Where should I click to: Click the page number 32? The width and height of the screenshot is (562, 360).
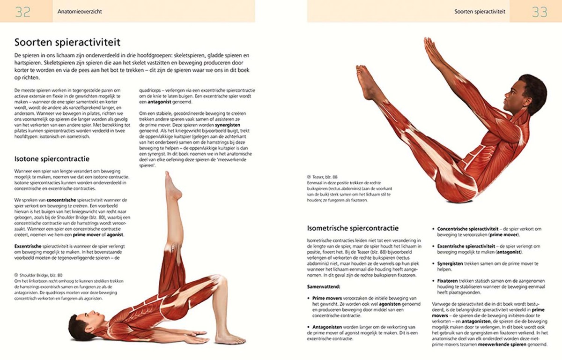pos(23,11)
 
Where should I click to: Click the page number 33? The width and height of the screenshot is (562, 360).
pos(540,11)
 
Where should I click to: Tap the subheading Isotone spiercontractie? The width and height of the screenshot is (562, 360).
pos(52,159)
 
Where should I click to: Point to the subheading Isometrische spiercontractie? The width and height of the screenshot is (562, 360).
pos(353,228)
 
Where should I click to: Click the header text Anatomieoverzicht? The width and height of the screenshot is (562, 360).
pos(80,11)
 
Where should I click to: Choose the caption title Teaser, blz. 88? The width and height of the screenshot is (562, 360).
pos(324,177)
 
